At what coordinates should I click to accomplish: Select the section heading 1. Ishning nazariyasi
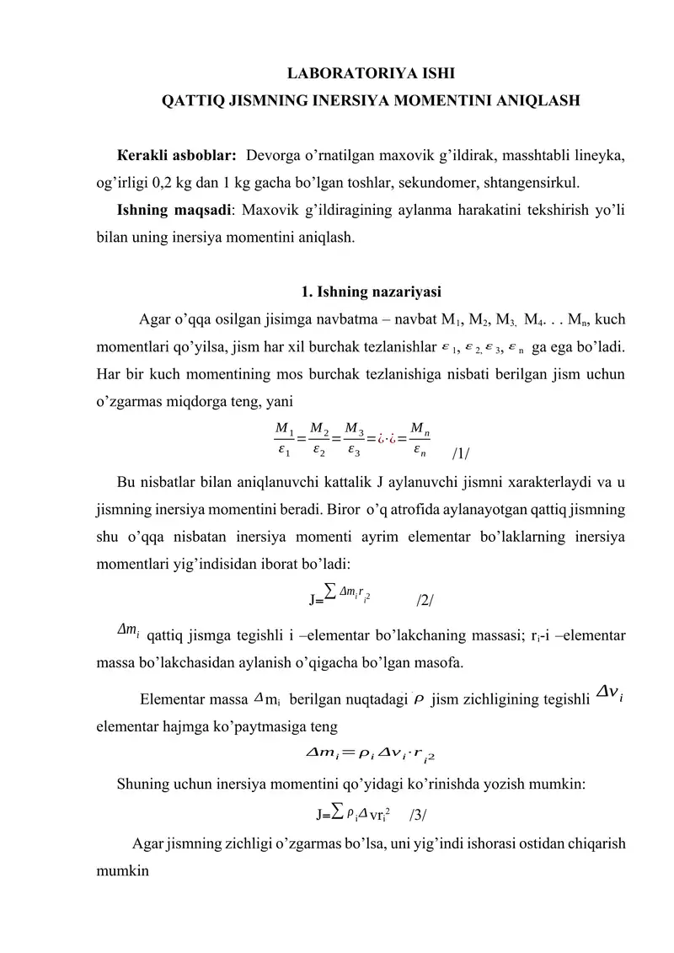click(371, 292)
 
